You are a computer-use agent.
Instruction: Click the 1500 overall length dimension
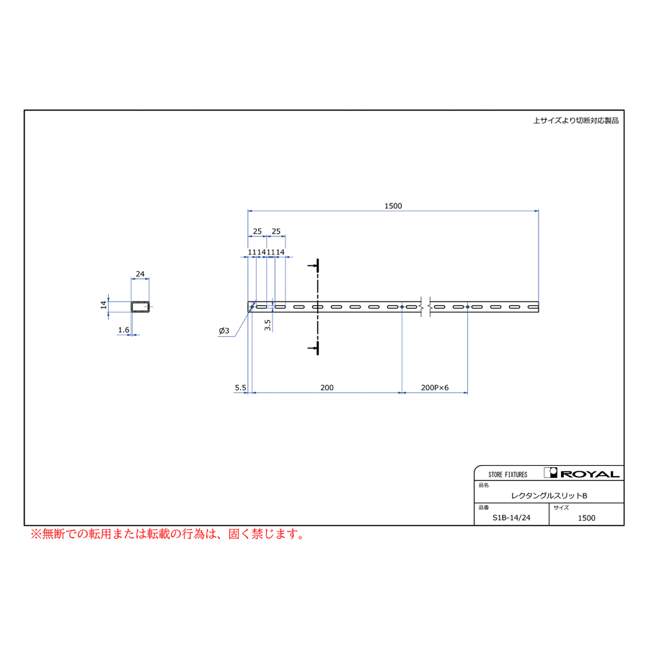[x=393, y=206]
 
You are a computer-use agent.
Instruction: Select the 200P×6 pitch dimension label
[x=435, y=388]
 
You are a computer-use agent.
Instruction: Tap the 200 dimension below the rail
[x=327, y=388]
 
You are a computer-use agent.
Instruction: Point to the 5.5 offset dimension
[x=240, y=388]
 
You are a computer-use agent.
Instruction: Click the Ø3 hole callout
[x=224, y=331]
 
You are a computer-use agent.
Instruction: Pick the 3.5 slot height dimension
[x=268, y=325]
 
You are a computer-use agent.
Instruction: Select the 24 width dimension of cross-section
[x=140, y=274]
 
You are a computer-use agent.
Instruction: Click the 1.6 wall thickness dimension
[x=123, y=330]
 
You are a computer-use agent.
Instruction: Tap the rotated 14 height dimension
[x=103, y=305]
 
